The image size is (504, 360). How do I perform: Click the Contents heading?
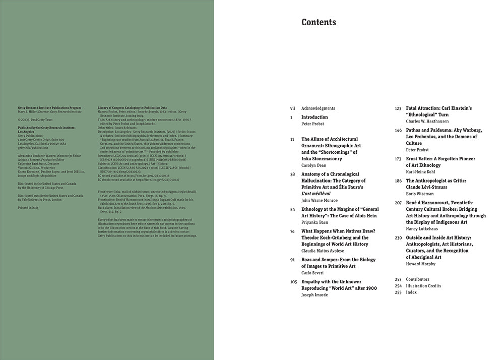pos(319,22)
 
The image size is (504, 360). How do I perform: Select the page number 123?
pos(398,108)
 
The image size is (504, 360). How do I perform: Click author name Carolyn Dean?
pos(316,165)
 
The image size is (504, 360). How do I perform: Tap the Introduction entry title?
pos(314,117)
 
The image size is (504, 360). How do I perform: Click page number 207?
pos(398,202)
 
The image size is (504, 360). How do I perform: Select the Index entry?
pos(411,292)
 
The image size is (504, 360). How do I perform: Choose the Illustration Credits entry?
pos(423,286)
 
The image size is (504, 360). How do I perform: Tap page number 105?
pos(293,282)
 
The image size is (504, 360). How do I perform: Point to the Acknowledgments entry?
pos(318,108)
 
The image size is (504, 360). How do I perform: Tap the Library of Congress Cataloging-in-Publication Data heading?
pos(132,108)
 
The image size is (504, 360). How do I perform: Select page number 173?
pos(398,158)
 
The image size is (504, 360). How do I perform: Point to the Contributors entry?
pos(417,279)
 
